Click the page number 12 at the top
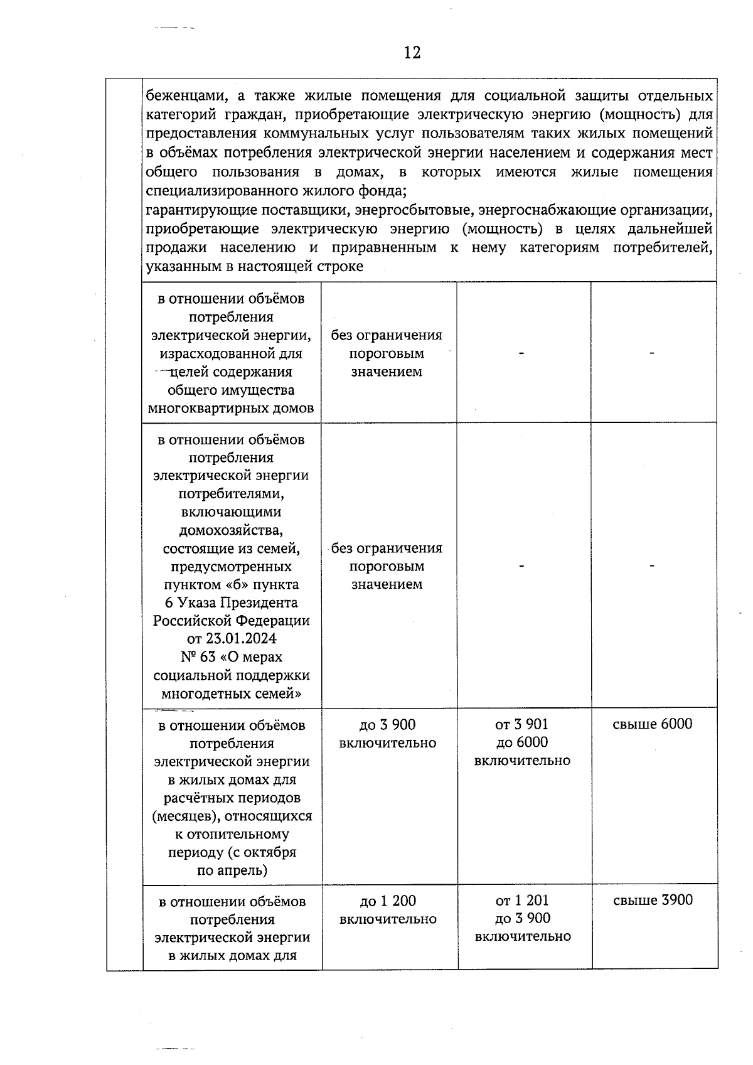point(412,53)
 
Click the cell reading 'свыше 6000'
point(653,724)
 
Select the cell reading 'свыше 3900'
point(653,901)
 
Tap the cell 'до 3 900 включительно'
point(387,734)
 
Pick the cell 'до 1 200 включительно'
point(388,910)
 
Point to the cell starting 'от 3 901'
point(522,742)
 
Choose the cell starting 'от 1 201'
point(523,919)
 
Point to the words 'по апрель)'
point(232,870)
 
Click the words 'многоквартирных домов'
point(231,409)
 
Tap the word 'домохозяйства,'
point(231,530)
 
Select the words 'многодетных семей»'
point(231,694)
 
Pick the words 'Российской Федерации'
point(231,621)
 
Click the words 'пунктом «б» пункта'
point(231,585)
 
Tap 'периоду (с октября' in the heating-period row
point(232,853)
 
